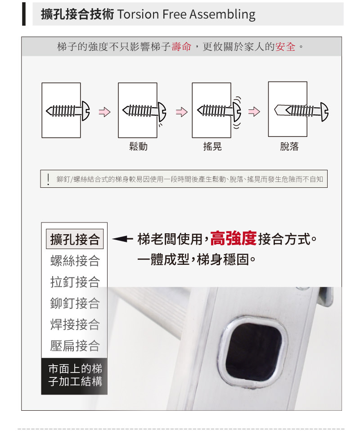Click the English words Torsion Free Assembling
(x=186, y=14)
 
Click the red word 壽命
(x=181, y=47)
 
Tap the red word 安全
(x=285, y=47)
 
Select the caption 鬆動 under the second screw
(x=139, y=146)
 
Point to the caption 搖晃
(x=212, y=146)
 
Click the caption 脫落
(x=289, y=146)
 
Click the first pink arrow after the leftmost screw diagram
(x=104, y=112)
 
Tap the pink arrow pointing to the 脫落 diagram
(x=254, y=112)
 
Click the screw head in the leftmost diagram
(x=85, y=111)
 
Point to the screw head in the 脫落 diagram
(x=324, y=112)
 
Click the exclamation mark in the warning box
(x=48, y=179)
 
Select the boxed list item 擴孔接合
(x=75, y=239)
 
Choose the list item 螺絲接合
(x=75, y=261)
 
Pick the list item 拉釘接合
(x=75, y=282)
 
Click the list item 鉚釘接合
(x=75, y=303)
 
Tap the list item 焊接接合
(x=75, y=324)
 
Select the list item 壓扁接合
(x=75, y=345)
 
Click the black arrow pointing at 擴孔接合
(x=122, y=239)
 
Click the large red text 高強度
(x=234, y=238)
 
